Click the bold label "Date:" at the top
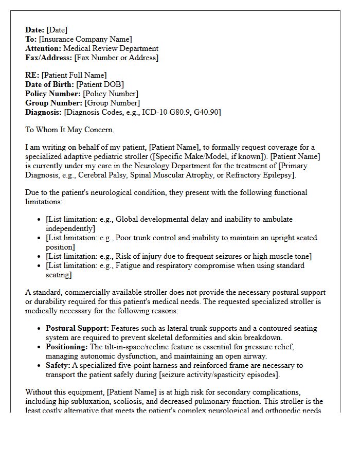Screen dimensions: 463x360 coord(35,30)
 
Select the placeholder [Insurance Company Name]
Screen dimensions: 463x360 coord(85,39)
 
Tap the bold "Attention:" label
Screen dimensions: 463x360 coord(43,48)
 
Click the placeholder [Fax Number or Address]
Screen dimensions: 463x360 coord(116,58)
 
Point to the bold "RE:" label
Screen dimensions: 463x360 coord(32,75)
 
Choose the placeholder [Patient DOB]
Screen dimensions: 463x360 coord(100,84)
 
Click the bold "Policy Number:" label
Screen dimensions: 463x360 coord(53,94)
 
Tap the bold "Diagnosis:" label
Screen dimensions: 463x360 coord(43,112)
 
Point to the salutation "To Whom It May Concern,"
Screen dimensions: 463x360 coord(70,130)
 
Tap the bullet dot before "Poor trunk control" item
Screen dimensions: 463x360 coord(40,238)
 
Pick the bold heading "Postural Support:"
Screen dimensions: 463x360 coord(77,328)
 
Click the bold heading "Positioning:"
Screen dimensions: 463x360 coord(67,347)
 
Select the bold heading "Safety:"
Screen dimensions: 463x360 coord(58,365)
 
